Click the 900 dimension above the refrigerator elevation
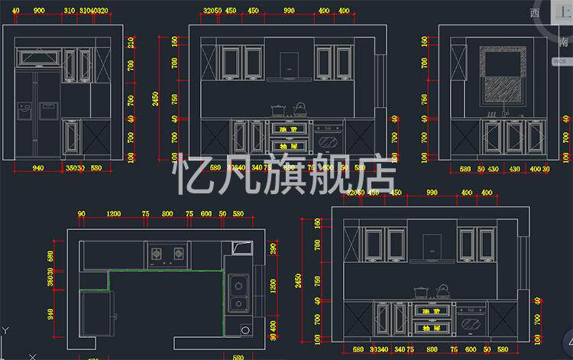40,11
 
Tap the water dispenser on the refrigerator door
25,111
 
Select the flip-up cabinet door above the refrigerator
38,57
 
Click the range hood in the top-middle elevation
289,65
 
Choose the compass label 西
536,13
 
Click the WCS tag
560,60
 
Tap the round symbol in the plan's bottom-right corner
245,330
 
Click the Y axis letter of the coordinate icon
5,330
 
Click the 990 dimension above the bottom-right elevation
432,193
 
